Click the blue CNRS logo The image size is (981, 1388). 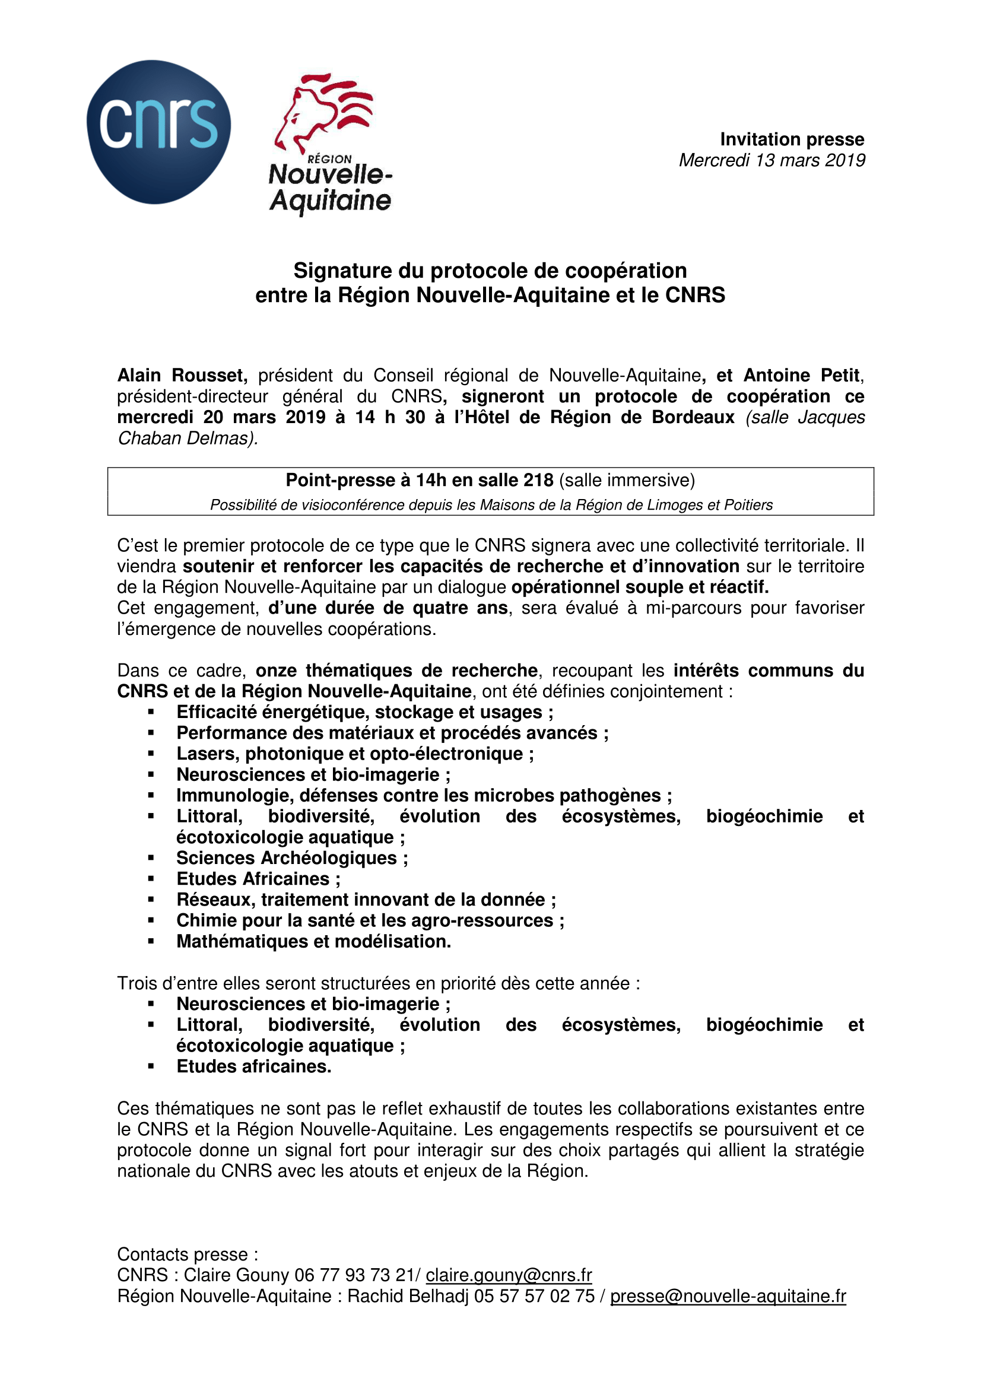tap(158, 132)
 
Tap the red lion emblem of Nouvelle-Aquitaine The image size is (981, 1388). tap(323, 112)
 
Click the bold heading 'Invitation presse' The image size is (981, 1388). tap(791, 139)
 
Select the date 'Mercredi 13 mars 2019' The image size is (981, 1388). tap(772, 160)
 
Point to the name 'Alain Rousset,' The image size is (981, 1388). tap(182, 376)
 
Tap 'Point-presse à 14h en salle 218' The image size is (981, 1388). tap(419, 480)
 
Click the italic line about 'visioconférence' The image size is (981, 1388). tap(491, 505)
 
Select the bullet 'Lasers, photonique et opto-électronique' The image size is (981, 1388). tap(355, 754)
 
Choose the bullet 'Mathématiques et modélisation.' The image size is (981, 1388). tap(313, 941)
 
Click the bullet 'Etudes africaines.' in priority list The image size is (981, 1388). tap(254, 1066)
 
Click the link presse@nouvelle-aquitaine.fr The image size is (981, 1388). tap(728, 1296)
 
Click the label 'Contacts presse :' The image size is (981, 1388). tap(188, 1254)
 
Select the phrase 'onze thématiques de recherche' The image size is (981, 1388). tap(396, 671)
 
